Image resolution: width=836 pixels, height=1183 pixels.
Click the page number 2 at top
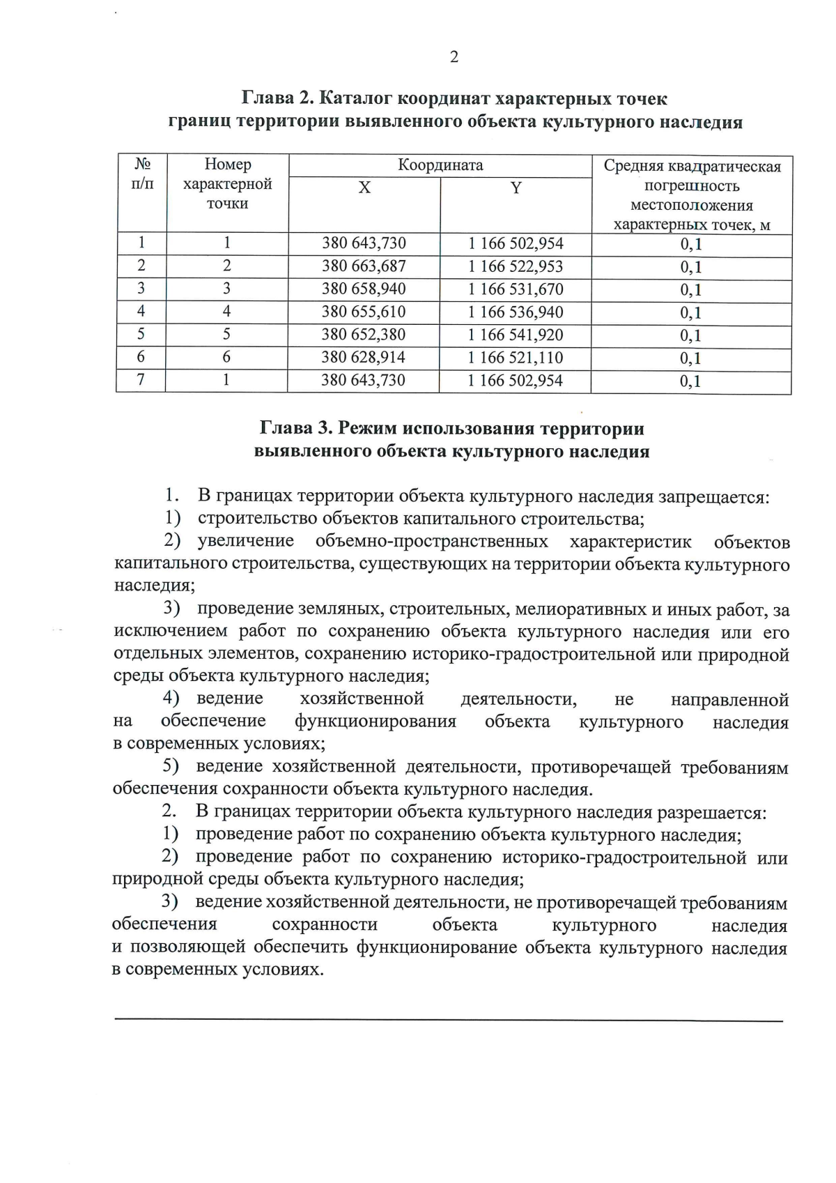click(x=454, y=57)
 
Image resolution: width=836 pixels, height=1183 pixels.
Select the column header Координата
click(x=440, y=165)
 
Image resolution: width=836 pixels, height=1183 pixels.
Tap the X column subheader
click(x=364, y=188)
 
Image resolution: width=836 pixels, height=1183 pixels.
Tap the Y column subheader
click(x=516, y=188)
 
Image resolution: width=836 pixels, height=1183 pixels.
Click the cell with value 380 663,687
click(x=364, y=266)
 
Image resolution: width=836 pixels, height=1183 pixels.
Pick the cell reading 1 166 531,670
click(x=516, y=289)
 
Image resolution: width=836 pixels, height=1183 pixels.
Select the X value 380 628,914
click(x=363, y=358)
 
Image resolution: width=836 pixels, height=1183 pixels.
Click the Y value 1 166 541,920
click(x=516, y=335)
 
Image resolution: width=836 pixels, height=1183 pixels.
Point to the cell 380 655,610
click(x=364, y=312)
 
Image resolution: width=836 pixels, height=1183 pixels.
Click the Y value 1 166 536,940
click(x=516, y=312)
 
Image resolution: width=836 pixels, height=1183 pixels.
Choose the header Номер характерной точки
click(x=227, y=184)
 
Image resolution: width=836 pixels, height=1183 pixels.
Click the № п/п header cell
click(x=142, y=174)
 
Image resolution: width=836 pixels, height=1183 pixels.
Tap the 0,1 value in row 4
click(x=691, y=313)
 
